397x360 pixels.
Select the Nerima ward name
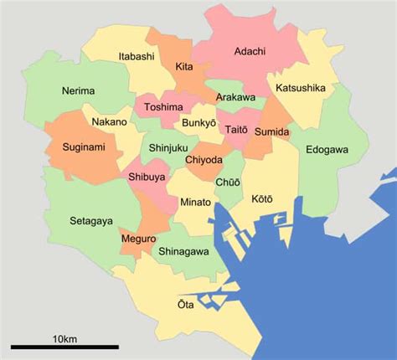click(79, 90)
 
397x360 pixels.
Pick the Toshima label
click(162, 107)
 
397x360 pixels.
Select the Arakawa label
click(235, 97)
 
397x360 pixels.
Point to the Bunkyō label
click(199, 123)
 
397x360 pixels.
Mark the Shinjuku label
click(168, 148)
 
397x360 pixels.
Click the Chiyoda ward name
click(204, 159)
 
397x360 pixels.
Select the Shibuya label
click(147, 177)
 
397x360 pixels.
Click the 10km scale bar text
click(64, 338)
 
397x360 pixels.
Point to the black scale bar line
click(64, 347)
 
